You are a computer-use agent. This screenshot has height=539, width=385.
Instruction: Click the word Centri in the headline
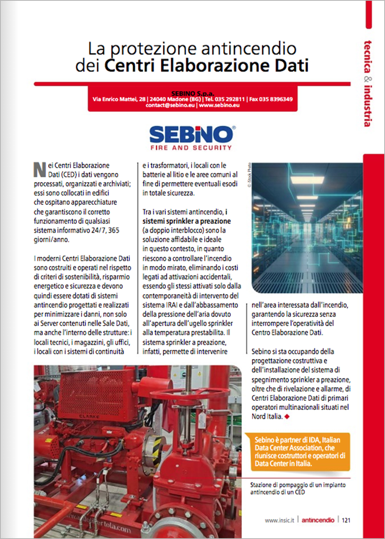point(129,65)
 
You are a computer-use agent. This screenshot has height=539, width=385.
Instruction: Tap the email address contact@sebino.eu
point(170,105)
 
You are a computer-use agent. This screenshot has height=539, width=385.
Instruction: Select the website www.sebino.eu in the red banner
point(219,105)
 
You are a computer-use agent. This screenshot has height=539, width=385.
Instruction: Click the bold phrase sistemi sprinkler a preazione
point(186,221)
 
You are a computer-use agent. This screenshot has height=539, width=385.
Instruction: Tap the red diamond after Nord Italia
point(286,416)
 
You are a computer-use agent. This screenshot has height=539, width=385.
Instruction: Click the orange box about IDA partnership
point(297,451)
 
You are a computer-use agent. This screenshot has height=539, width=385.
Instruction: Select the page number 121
point(346,520)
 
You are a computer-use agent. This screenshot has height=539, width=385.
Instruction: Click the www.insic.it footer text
point(279,520)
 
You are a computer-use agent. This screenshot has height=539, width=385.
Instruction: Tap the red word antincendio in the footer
point(318,520)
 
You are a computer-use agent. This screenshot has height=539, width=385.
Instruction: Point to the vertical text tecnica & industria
point(368,83)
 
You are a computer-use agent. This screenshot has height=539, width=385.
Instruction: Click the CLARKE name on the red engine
point(89,416)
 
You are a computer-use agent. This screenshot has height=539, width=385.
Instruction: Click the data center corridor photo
point(307,228)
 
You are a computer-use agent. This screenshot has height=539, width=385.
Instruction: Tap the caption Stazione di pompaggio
point(298,488)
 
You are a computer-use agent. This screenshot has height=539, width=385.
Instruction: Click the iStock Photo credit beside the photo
point(249,175)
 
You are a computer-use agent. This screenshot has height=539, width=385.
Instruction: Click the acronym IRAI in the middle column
point(172,305)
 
